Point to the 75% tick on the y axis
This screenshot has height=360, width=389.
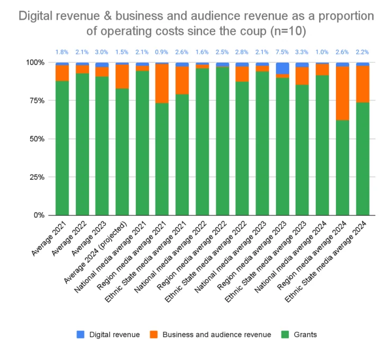click(x=38, y=101)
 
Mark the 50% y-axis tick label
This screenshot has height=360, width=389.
click(x=38, y=139)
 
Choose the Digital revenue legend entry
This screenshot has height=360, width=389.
click(x=108, y=335)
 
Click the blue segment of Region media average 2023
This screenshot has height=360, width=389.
click(x=282, y=68)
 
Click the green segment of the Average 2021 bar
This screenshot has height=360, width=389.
click(x=62, y=148)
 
